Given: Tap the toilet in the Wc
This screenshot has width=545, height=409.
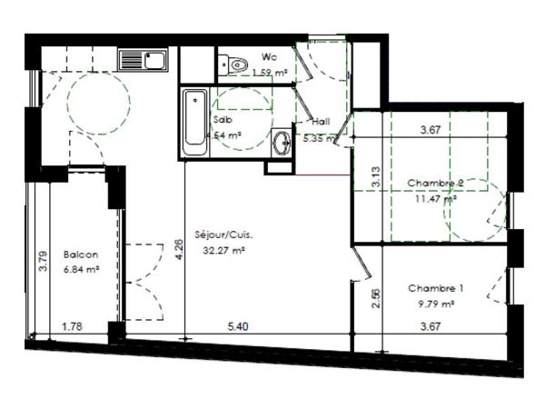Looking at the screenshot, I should click(236, 64).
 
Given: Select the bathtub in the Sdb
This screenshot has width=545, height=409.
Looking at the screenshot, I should click(193, 123).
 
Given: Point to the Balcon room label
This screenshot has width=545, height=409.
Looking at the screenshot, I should click(81, 255).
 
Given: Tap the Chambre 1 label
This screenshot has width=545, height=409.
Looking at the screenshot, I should click(435, 288).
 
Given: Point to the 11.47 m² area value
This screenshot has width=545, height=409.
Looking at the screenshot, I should click(437, 198).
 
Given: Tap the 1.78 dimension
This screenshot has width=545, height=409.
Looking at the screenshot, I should click(74, 324).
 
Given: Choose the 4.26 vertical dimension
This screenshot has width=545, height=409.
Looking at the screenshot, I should click(179, 244).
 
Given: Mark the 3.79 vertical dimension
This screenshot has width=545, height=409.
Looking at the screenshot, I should click(42, 261).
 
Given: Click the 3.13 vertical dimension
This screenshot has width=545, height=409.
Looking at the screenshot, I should click(374, 177).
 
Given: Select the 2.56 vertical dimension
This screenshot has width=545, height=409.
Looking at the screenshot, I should click(375, 297).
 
